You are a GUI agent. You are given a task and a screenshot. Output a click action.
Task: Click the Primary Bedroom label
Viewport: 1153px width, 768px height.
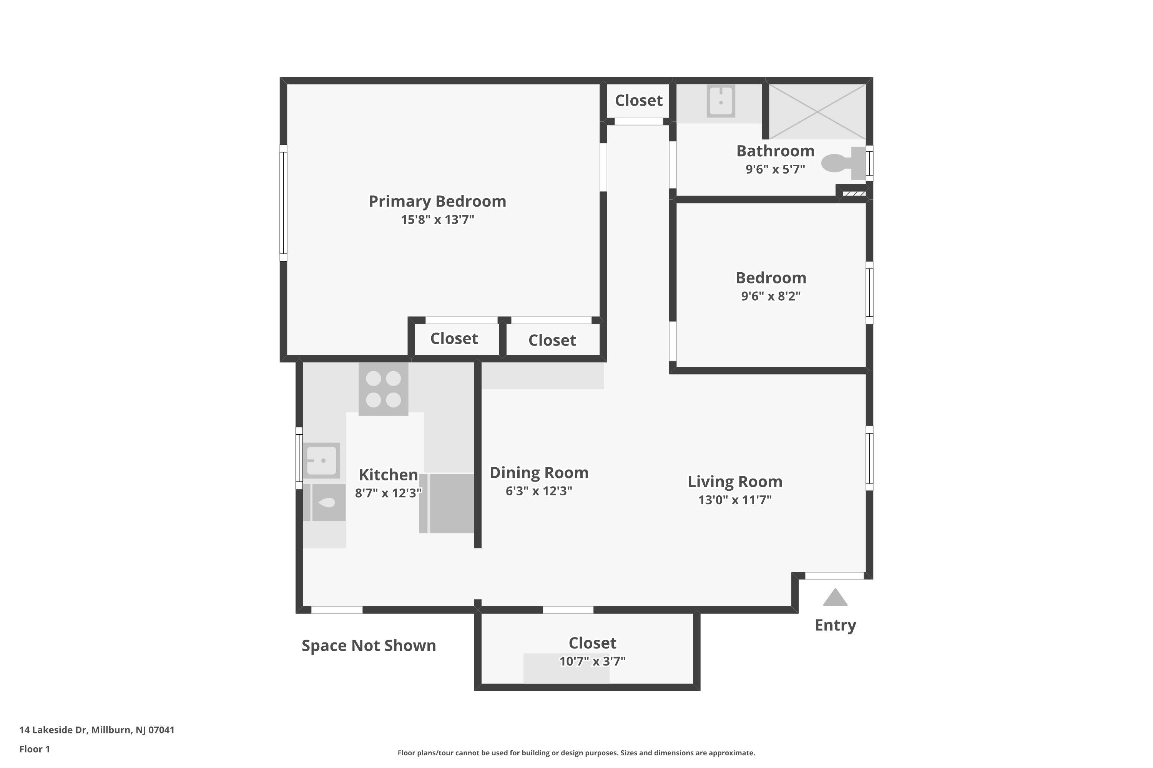tap(437, 201)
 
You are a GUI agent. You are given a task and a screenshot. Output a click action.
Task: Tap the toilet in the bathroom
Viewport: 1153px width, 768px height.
tap(844, 163)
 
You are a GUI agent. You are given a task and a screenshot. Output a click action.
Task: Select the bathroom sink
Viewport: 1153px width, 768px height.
tap(721, 101)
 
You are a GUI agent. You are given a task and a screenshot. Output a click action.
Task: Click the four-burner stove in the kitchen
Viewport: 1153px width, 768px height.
tap(383, 389)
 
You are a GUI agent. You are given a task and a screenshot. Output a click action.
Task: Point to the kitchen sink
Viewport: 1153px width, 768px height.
tap(322, 460)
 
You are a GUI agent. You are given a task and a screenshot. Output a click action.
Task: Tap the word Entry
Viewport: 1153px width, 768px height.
tap(835, 626)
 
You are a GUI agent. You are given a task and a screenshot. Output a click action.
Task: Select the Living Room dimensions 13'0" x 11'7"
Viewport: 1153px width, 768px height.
tap(735, 500)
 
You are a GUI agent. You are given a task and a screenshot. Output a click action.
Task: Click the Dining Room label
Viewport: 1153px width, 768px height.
tap(539, 473)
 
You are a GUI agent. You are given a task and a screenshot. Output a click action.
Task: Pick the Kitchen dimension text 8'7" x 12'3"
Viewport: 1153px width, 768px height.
tap(388, 493)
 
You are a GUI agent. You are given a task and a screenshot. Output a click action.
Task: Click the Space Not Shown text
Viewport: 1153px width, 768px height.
tap(369, 646)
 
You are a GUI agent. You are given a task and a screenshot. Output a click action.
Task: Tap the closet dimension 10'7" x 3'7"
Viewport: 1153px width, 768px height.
tap(592, 661)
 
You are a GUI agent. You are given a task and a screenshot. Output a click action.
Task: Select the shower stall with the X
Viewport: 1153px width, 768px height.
tap(817, 112)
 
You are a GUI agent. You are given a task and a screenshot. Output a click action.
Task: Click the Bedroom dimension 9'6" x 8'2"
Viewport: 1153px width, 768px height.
tap(771, 296)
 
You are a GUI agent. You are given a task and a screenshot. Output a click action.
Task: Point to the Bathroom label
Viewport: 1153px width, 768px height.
tap(775, 151)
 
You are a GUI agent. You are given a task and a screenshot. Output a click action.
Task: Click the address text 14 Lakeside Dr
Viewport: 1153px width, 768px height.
tap(53, 730)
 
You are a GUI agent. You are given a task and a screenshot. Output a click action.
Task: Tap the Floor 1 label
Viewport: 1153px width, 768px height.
tap(34, 749)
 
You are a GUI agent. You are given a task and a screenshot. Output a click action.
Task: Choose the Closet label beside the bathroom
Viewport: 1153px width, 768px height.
tap(638, 100)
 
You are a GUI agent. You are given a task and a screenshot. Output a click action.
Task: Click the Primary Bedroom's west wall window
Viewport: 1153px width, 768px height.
tap(283, 203)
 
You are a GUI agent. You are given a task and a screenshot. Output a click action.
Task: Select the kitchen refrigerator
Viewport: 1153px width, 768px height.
tap(447, 503)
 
